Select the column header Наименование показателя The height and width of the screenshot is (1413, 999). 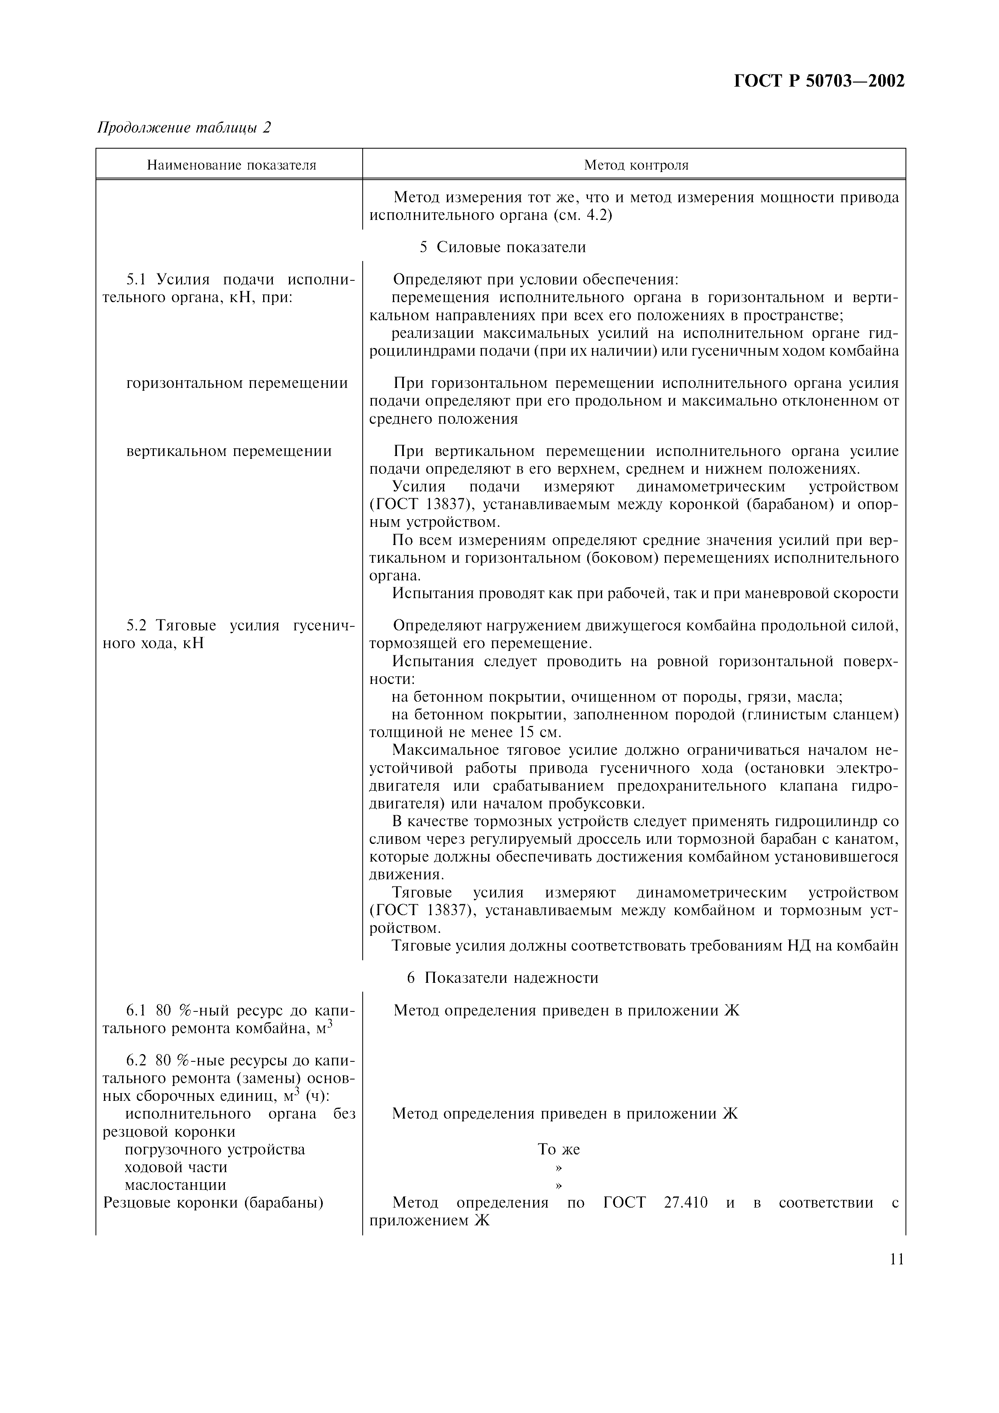231,165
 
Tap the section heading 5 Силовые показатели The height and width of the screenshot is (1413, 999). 502,247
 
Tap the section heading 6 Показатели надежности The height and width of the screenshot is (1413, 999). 502,978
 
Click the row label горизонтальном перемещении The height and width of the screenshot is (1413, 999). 237,383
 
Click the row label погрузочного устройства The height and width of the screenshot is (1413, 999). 215,1150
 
